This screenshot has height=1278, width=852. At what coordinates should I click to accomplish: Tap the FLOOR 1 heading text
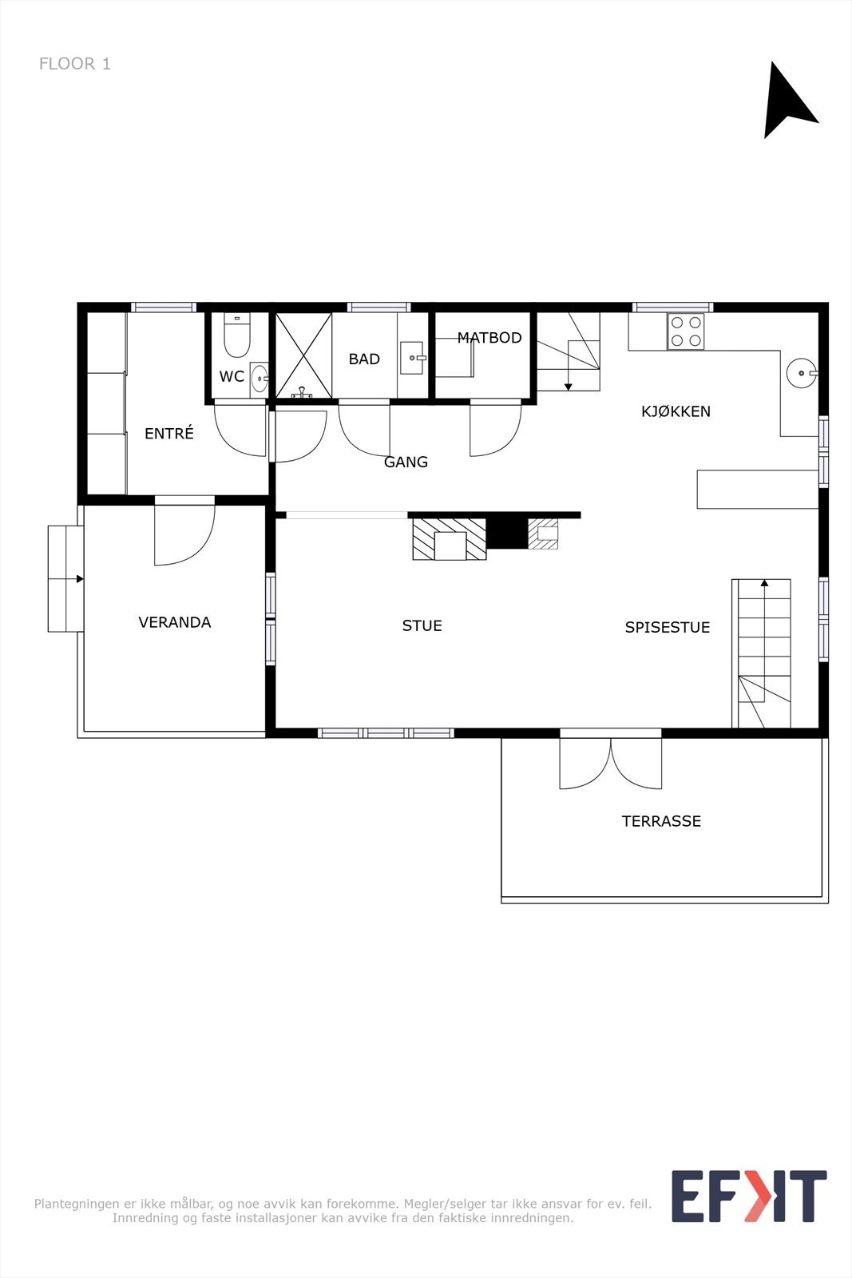[x=75, y=64]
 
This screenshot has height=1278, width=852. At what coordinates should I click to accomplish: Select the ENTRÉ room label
[x=168, y=434]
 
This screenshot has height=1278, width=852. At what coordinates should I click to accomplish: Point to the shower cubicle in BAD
[x=303, y=355]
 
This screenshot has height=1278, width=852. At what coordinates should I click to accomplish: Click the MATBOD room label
[x=489, y=338]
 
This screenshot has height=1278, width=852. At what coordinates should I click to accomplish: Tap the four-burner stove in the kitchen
[x=686, y=331]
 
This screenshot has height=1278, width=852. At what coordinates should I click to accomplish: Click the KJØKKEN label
[x=676, y=411]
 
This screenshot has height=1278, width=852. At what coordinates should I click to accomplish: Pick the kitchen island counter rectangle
[x=757, y=489]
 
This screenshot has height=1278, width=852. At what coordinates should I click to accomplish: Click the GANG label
[x=406, y=462]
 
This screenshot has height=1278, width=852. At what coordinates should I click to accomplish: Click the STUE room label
[x=422, y=625]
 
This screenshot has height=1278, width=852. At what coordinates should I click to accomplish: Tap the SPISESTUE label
[x=667, y=627]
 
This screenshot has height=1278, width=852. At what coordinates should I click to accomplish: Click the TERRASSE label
[x=661, y=821]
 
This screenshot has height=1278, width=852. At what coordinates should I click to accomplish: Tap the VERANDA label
[x=174, y=622]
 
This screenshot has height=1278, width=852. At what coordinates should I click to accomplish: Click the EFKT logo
[x=748, y=1196]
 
